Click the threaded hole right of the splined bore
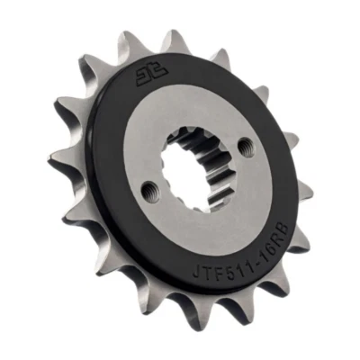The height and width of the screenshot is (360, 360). (240, 143)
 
